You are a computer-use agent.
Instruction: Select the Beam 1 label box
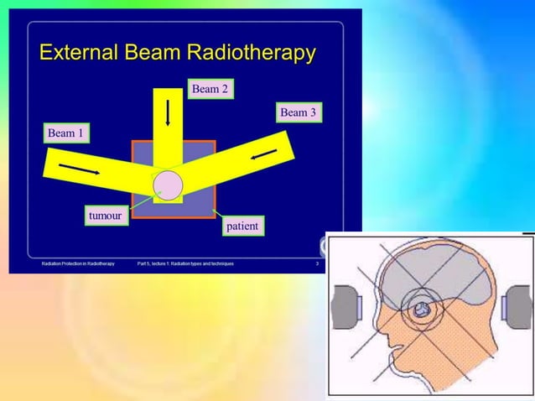pyautogui.click(x=67, y=133)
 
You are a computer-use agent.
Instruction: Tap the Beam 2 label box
pyautogui.click(x=210, y=89)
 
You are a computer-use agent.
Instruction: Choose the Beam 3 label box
pyautogui.click(x=299, y=112)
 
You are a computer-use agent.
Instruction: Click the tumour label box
pyautogui.click(x=105, y=216)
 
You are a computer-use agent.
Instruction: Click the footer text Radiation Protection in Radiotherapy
pyautogui.click(x=78, y=263)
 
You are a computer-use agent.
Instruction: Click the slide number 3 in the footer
pyautogui.click(x=317, y=263)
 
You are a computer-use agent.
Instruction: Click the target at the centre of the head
pyautogui.click(x=423, y=310)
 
